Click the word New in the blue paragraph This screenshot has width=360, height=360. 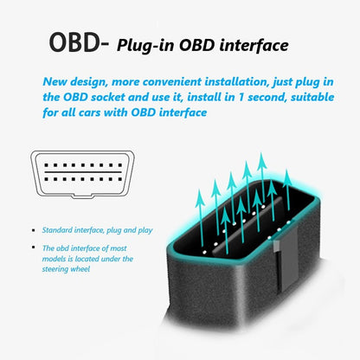pos(57,81)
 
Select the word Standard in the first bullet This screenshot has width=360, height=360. pos(57,231)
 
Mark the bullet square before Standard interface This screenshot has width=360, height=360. pos(35,231)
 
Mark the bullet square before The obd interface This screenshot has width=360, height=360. pos(35,248)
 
